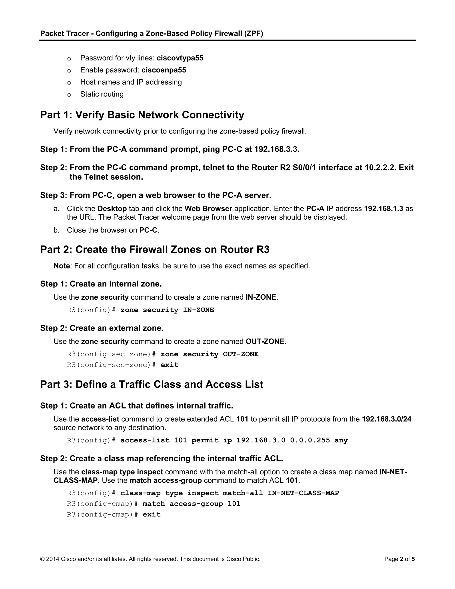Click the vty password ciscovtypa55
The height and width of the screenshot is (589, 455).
pos(180,58)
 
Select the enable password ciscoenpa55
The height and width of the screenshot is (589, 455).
pos(164,70)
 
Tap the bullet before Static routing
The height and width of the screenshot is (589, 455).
pos(69,95)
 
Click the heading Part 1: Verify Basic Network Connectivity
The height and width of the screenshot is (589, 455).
pos(142,115)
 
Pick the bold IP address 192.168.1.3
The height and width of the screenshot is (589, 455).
pos(383,209)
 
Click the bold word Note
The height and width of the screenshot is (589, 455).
pos(62,266)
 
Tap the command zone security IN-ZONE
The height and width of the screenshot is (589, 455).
pos(167,310)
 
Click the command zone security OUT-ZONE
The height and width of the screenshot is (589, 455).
pos(210,354)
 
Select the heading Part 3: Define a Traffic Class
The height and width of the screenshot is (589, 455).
pos(152,384)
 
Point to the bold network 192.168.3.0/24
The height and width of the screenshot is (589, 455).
pos(386,419)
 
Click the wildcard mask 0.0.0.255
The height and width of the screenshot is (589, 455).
pos(310,440)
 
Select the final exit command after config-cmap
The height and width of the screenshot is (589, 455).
pos(152,514)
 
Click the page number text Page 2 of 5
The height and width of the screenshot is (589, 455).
pos(399,559)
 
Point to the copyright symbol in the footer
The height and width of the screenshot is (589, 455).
pos(42,559)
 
